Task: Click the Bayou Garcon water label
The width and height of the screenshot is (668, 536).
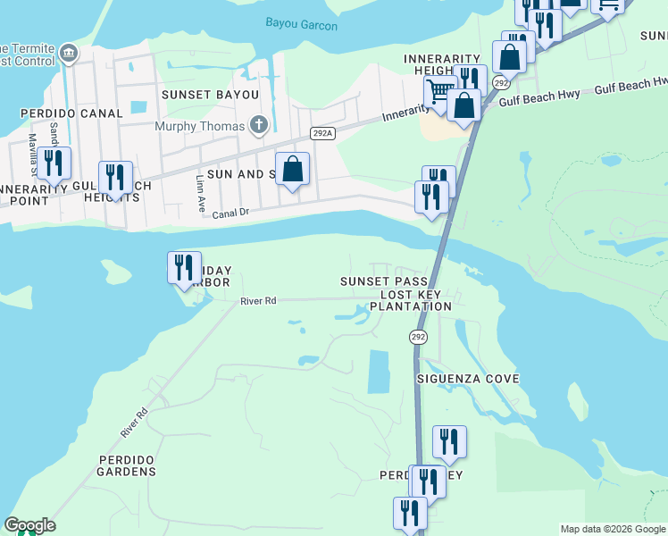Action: (x=302, y=25)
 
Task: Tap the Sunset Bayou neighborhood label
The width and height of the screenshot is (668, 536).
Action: (x=210, y=94)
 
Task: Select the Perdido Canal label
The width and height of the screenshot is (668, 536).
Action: (x=71, y=114)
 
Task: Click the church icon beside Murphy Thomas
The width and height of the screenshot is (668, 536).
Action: (x=259, y=125)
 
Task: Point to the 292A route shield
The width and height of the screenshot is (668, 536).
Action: (x=322, y=133)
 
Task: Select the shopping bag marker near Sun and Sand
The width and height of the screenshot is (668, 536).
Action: (x=293, y=168)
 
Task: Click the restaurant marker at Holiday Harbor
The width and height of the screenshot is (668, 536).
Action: (x=184, y=266)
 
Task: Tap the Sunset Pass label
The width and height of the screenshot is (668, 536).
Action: (x=378, y=281)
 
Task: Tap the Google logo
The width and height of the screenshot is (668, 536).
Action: (x=29, y=525)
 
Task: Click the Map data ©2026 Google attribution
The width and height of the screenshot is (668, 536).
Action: (x=613, y=529)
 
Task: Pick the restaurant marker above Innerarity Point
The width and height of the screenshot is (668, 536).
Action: (x=54, y=163)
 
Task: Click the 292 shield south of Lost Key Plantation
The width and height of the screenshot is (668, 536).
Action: (x=418, y=337)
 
